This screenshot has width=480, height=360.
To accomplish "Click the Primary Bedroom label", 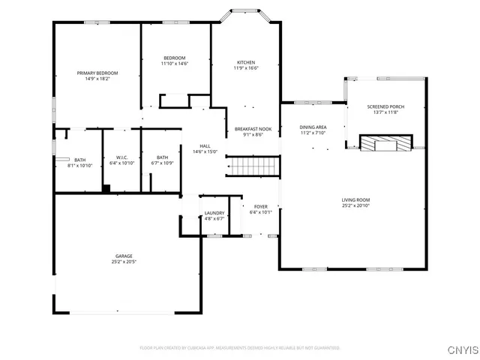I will (97, 73).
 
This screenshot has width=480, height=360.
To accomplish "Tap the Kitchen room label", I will (246, 62).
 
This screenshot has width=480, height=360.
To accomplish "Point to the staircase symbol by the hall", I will (253, 166).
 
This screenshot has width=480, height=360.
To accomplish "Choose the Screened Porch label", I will (385, 106).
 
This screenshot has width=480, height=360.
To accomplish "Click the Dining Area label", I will (313, 127).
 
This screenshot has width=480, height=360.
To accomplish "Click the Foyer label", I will (260, 206).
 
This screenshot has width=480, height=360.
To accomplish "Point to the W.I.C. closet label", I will (122, 157).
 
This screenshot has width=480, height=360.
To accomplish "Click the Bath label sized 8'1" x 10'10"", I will (79, 160).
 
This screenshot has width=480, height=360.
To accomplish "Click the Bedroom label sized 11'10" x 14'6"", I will (175, 58).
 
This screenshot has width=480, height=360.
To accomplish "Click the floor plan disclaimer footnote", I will (239, 348).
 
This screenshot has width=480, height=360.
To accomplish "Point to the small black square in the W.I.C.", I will (106, 187).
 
